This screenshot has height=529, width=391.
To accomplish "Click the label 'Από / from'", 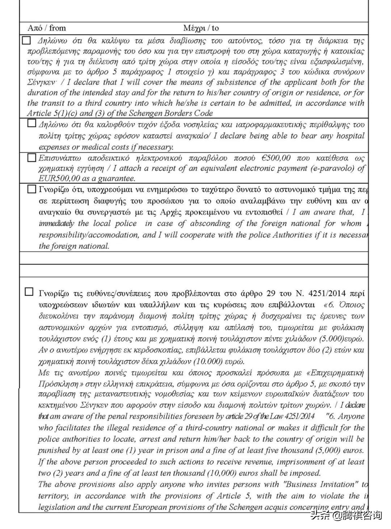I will (47, 28).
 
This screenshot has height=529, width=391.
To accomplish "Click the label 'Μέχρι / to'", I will (201, 28).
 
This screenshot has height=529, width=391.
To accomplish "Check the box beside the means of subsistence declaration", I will (26, 40).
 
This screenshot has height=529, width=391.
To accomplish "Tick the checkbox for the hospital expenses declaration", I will (31, 124).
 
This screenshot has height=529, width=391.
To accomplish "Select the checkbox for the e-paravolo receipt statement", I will (31, 157).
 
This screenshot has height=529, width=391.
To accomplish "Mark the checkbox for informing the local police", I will (31, 189).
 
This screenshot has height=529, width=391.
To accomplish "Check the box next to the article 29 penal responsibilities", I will (29, 292).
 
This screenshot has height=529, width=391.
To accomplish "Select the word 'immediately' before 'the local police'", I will (56, 223).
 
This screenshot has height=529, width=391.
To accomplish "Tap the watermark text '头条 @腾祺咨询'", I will (346, 515).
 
